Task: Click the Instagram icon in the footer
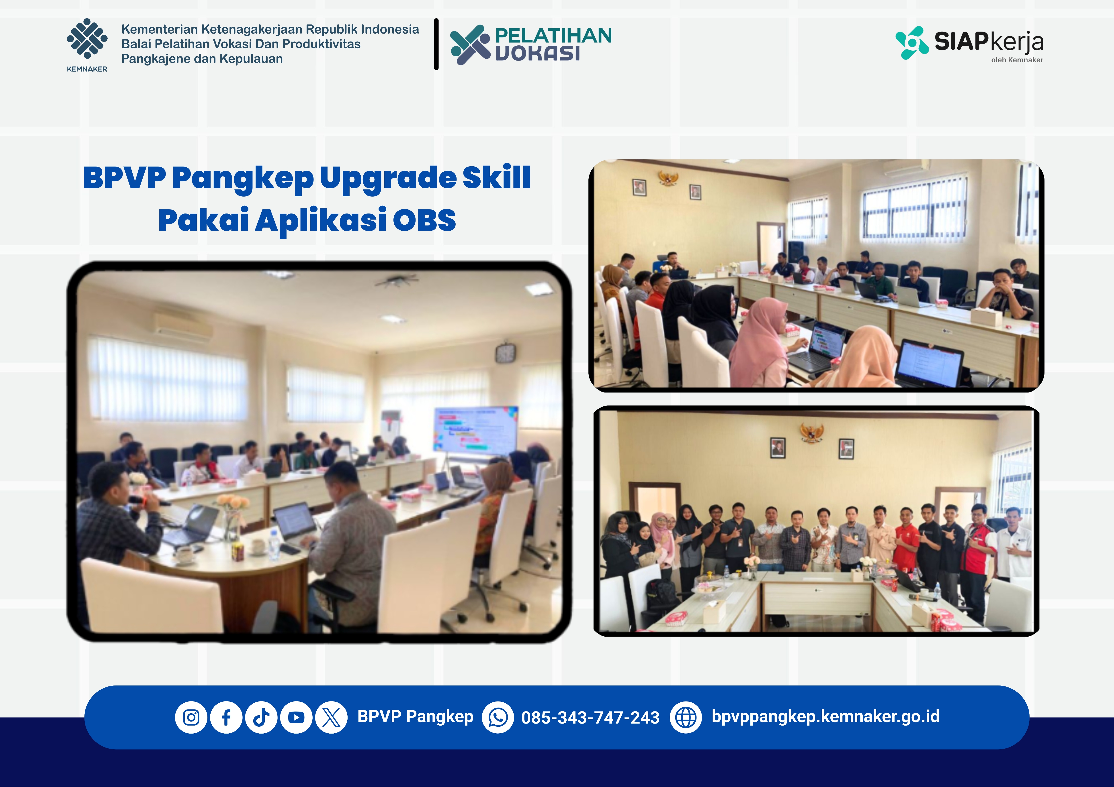191,717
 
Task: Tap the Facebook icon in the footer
226,717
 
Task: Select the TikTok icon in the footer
261,717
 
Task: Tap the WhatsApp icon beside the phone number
498,717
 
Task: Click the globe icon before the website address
686,717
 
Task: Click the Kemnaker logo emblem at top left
87,39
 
